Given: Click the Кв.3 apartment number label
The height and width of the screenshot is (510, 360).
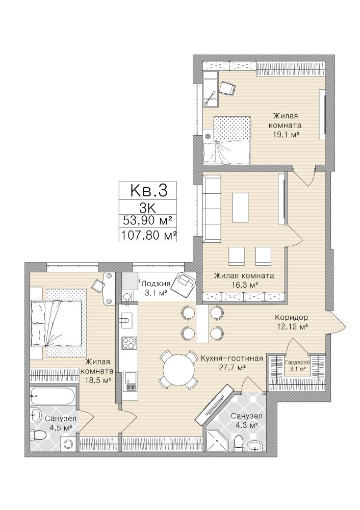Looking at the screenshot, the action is click(148, 190).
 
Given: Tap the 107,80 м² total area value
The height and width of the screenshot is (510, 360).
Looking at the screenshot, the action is click(148, 235).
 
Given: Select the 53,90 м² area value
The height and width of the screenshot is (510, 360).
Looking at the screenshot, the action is click(148, 221).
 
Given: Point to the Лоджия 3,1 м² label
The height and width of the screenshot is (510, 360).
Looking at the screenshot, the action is click(156, 288).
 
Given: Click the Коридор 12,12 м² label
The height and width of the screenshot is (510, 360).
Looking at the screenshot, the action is click(291, 322).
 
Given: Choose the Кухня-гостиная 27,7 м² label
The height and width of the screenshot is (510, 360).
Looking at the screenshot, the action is click(232, 363).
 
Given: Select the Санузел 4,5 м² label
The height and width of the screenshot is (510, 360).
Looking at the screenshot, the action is click(61, 422).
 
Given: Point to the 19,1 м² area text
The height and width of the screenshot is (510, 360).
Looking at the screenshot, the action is click(286, 134).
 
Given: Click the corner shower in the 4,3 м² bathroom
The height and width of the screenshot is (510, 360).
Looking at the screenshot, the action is click(216, 440).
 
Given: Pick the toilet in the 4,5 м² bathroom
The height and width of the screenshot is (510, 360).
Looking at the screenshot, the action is click(38, 435).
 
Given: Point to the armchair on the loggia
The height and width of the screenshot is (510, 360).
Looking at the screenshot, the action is click(184, 284).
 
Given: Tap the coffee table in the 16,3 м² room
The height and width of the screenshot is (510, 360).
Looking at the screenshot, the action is click(240, 208).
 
